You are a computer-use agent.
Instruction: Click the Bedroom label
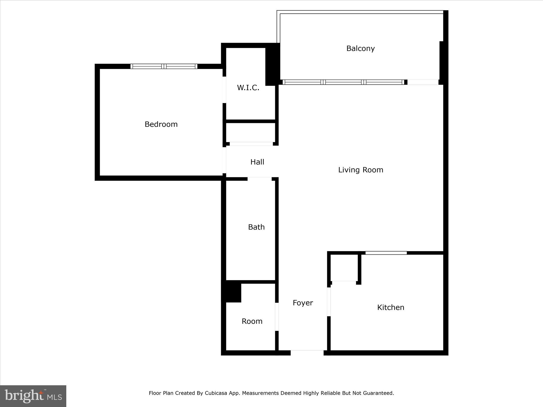pos(161,124)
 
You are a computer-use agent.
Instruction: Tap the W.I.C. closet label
pos(248,88)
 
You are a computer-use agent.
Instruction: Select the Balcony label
pos(360,48)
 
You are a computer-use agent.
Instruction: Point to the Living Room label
pos(361,170)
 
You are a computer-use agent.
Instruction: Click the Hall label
pos(257,162)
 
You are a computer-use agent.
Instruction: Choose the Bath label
pos(256,227)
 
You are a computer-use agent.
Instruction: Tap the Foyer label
pos(303,303)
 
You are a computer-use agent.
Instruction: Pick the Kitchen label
pos(391,307)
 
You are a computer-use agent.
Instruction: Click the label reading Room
pos(252,321)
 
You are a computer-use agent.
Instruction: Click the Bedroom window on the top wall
pos(164,66)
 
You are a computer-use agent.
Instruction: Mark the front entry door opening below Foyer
pos(307,353)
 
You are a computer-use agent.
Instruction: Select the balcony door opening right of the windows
pos(423,82)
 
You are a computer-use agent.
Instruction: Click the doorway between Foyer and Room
pos(277,317)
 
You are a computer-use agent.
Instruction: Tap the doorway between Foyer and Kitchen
pos(329,302)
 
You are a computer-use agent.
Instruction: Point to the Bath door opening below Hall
pos(259,179)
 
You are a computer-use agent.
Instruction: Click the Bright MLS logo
pos(33,396)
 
